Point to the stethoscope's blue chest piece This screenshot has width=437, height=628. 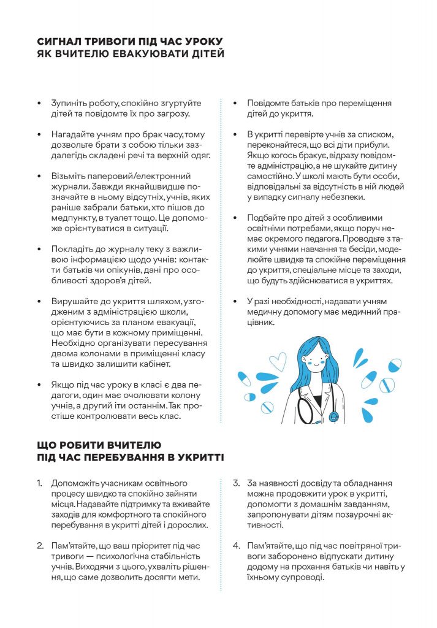[333, 416]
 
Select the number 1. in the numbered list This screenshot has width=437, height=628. [39, 483]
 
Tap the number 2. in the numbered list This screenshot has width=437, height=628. [39, 545]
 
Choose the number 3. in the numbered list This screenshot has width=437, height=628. [236, 483]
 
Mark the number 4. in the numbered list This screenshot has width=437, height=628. [236, 545]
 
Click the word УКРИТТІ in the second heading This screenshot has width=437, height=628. [197, 458]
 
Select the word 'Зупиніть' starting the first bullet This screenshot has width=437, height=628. [69, 103]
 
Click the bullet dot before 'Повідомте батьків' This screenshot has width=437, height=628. [235, 103]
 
